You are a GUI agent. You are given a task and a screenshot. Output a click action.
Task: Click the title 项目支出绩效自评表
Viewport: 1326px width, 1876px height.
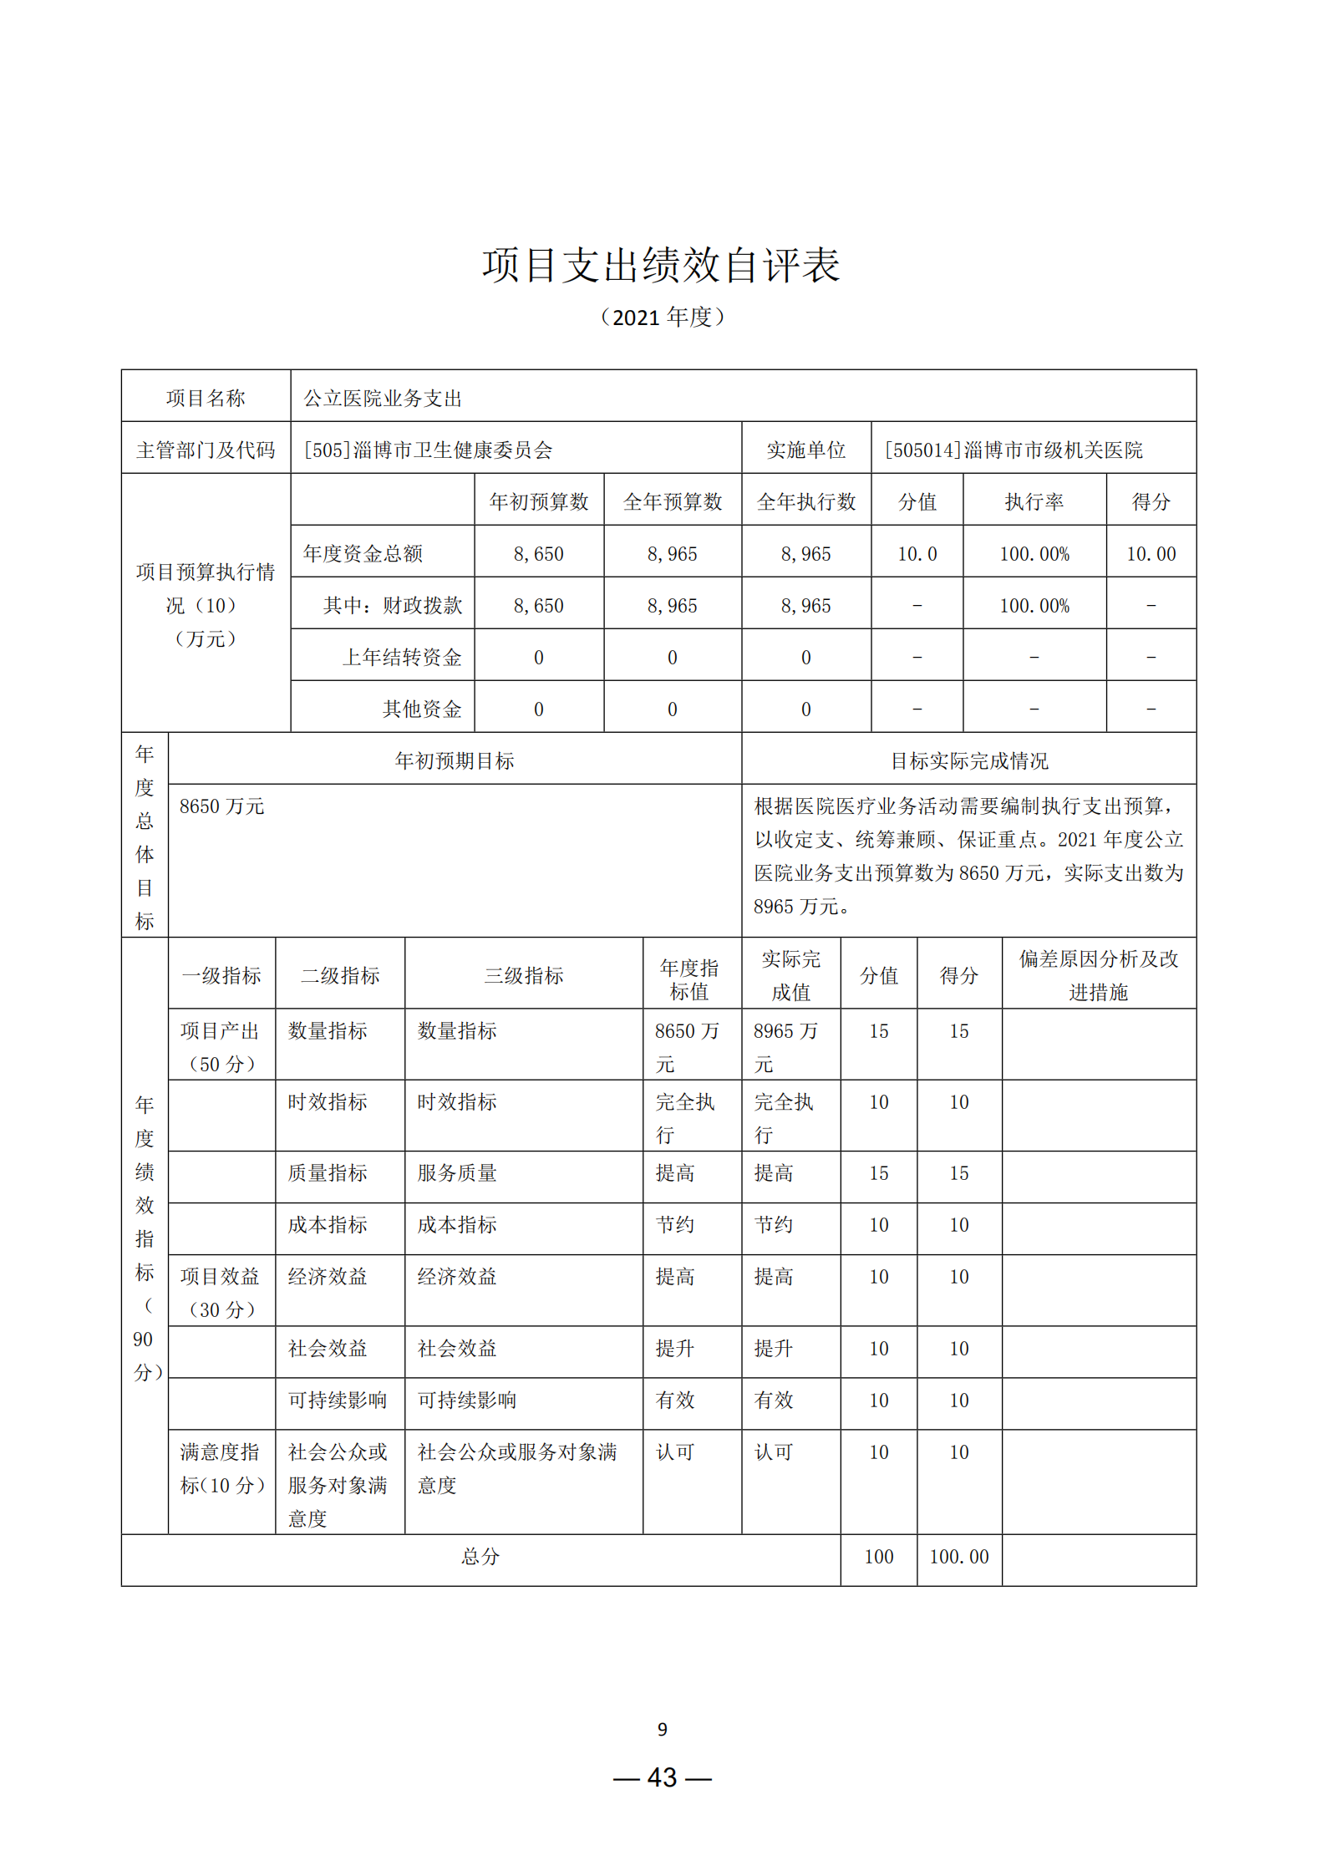[661, 265]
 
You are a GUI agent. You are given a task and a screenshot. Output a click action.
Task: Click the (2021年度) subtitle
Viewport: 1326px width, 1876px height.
[662, 318]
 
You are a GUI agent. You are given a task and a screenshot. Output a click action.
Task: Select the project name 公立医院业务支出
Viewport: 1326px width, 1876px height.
[383, 399]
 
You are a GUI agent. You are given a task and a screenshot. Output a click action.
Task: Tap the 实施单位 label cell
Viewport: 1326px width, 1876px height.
[805, 450]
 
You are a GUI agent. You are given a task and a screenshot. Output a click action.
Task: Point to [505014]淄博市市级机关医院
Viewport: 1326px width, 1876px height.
[1014, 450]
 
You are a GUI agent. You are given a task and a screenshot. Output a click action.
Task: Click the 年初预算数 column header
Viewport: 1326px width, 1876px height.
[539, 501]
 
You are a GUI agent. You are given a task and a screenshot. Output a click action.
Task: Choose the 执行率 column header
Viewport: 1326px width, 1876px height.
[1034, 501]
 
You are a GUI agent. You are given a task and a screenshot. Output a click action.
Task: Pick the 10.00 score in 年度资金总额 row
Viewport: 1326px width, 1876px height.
[1151, 554]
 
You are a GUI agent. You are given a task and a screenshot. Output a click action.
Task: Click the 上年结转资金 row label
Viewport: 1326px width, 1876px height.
[402, 658]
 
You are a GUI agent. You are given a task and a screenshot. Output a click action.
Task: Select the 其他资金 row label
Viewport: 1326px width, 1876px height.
[422, 709]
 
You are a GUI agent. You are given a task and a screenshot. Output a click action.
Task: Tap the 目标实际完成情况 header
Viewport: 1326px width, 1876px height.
[968, 760]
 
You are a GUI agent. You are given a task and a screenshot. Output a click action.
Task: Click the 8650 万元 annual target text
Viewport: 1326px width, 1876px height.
[222, 806]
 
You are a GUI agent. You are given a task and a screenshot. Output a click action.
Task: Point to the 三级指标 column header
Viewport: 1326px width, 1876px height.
[524, 975]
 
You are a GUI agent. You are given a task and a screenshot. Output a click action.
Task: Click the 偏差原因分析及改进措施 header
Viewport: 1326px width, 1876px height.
[1098, 975]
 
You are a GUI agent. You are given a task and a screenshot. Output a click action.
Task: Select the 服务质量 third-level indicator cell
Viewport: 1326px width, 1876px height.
[457, 1173]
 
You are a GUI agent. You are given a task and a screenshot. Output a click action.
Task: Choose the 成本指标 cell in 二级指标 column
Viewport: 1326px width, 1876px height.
[328, 1225]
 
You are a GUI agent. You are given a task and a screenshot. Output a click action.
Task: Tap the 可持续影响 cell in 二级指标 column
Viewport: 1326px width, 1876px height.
[338, 1401]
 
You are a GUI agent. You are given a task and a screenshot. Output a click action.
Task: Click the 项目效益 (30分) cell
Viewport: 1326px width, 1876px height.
[221, 1293]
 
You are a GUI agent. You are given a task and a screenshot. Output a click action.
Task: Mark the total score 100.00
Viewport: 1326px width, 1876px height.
[958, 1557]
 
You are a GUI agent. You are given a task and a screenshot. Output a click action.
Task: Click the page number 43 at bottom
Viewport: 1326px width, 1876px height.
[662, 1777]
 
